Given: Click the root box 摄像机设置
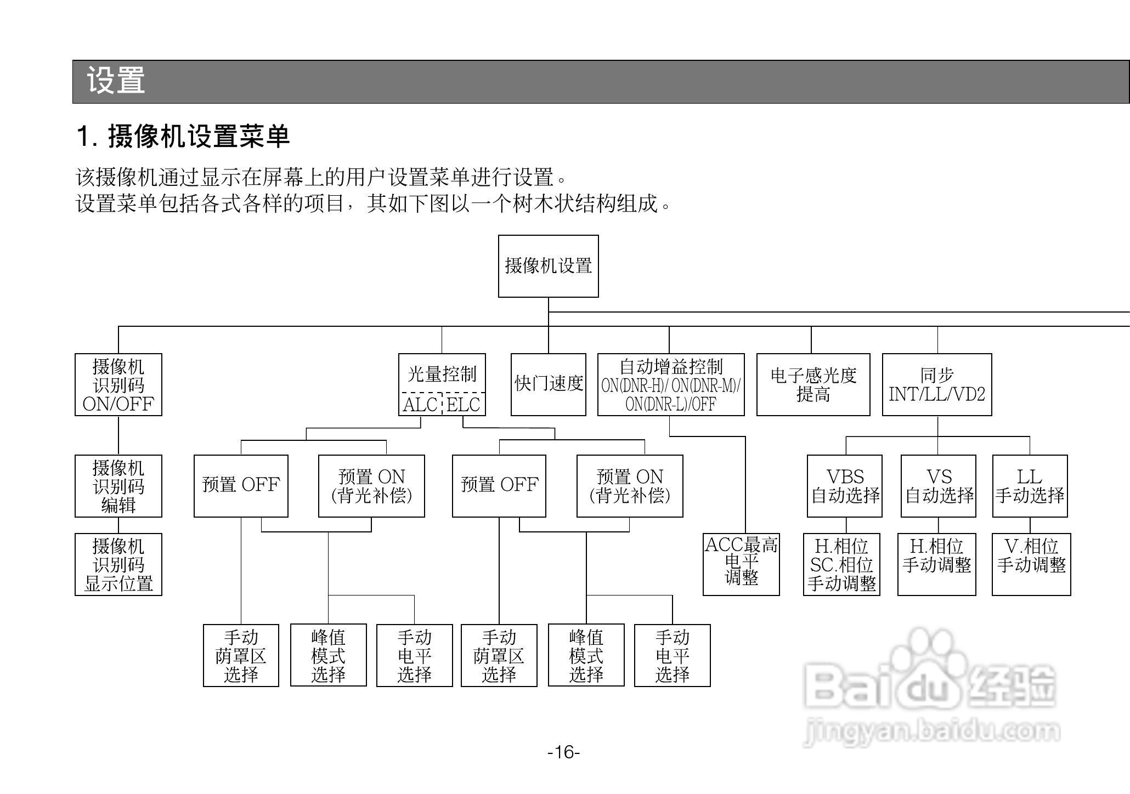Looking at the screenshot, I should [548, 266].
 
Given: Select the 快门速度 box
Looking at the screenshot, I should [548, 384].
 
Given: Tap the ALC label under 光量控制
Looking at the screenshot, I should [420, 405].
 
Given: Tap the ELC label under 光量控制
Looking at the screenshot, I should [463, 405].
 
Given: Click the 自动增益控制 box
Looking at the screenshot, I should [670, 384].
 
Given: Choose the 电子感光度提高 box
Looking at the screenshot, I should [813, 384].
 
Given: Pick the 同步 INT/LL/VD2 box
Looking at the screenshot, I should [937, 384].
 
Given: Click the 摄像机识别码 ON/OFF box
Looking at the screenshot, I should [118, 384].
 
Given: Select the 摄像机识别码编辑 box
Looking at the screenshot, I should [118, 486].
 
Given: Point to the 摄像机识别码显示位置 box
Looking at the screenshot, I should [118, 564].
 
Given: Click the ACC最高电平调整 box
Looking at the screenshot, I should [741, 564].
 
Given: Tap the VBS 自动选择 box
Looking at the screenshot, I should [845, 486].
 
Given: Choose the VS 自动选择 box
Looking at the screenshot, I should [939, 486].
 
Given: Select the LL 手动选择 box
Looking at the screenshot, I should [1030, 486].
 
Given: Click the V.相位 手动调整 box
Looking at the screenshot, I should [1031, 564].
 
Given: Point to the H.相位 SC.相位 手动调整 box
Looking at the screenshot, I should [841, 564].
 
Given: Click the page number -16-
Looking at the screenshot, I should [564, 752].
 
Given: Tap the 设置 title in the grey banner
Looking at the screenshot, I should [116, 81].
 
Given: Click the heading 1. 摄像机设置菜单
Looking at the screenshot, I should [183, 137].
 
